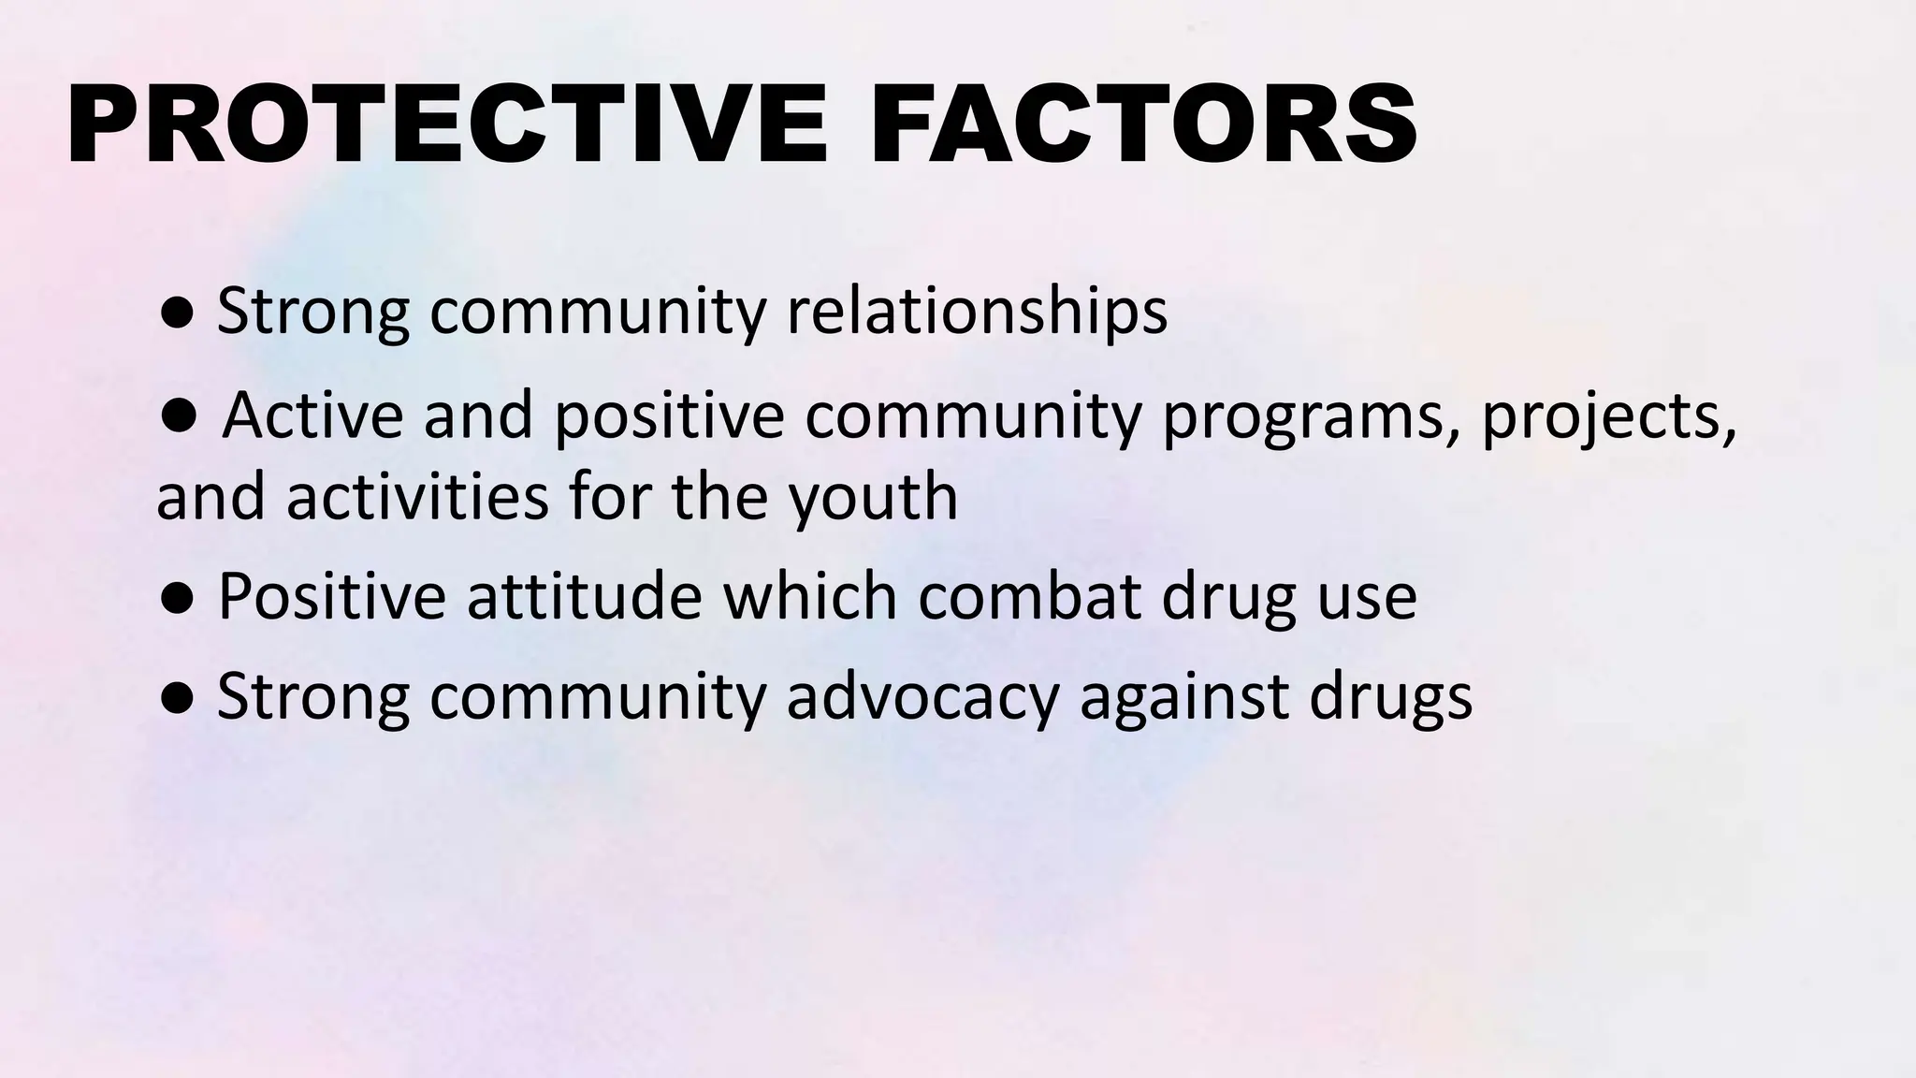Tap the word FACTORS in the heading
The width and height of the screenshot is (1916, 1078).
tap(1143, 124)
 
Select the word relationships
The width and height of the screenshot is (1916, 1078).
tap(977, 311)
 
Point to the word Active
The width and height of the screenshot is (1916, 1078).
tap(313, 415)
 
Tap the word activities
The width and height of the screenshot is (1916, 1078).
tap(417, 497)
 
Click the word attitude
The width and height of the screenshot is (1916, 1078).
tap(584, 596)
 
